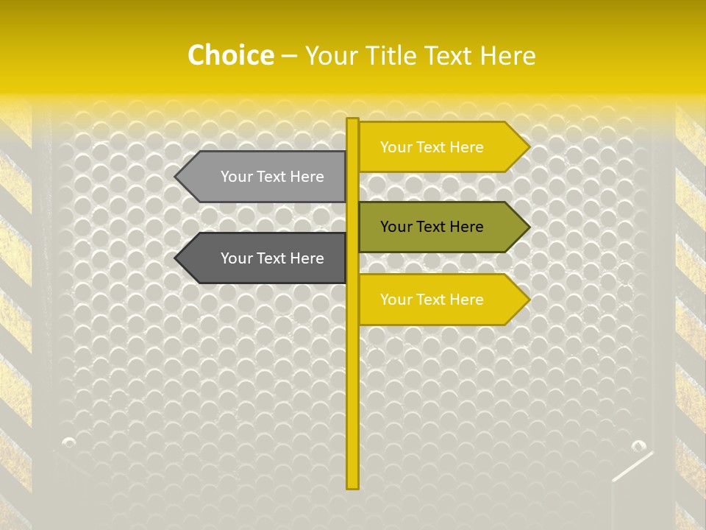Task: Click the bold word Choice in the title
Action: click(230, 55)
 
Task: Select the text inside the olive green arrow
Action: click(432, 227)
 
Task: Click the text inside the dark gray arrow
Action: click(272, 258)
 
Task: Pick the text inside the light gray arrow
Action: click(272, 177)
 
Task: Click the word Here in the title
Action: click(507, 55)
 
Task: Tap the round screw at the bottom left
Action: click(69, 442)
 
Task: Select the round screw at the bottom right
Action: click(638, 445)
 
